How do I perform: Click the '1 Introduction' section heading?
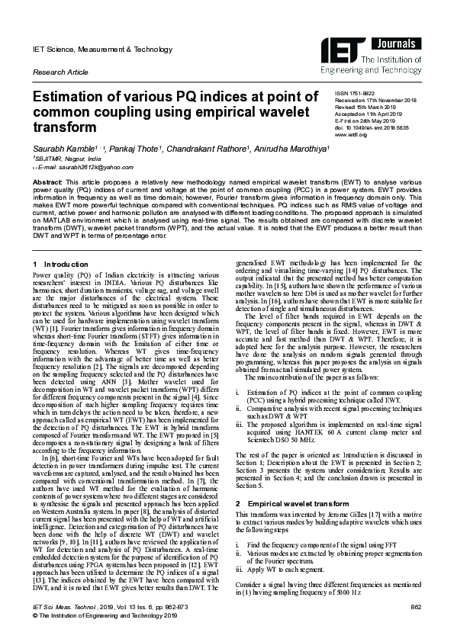(x=62, y=264)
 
